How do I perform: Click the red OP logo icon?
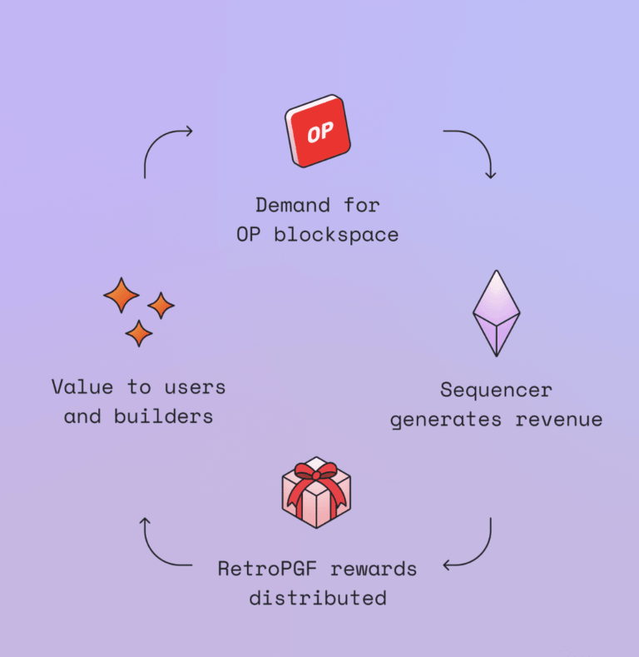(317, 132)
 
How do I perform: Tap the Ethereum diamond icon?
(496, 313)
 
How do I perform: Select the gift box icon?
(316, 494)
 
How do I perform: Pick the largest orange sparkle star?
(121, 295)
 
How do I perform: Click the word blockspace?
(336, 235)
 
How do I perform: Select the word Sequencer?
(496, 390)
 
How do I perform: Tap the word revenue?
(558, 419)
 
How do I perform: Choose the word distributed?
(317, 598)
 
